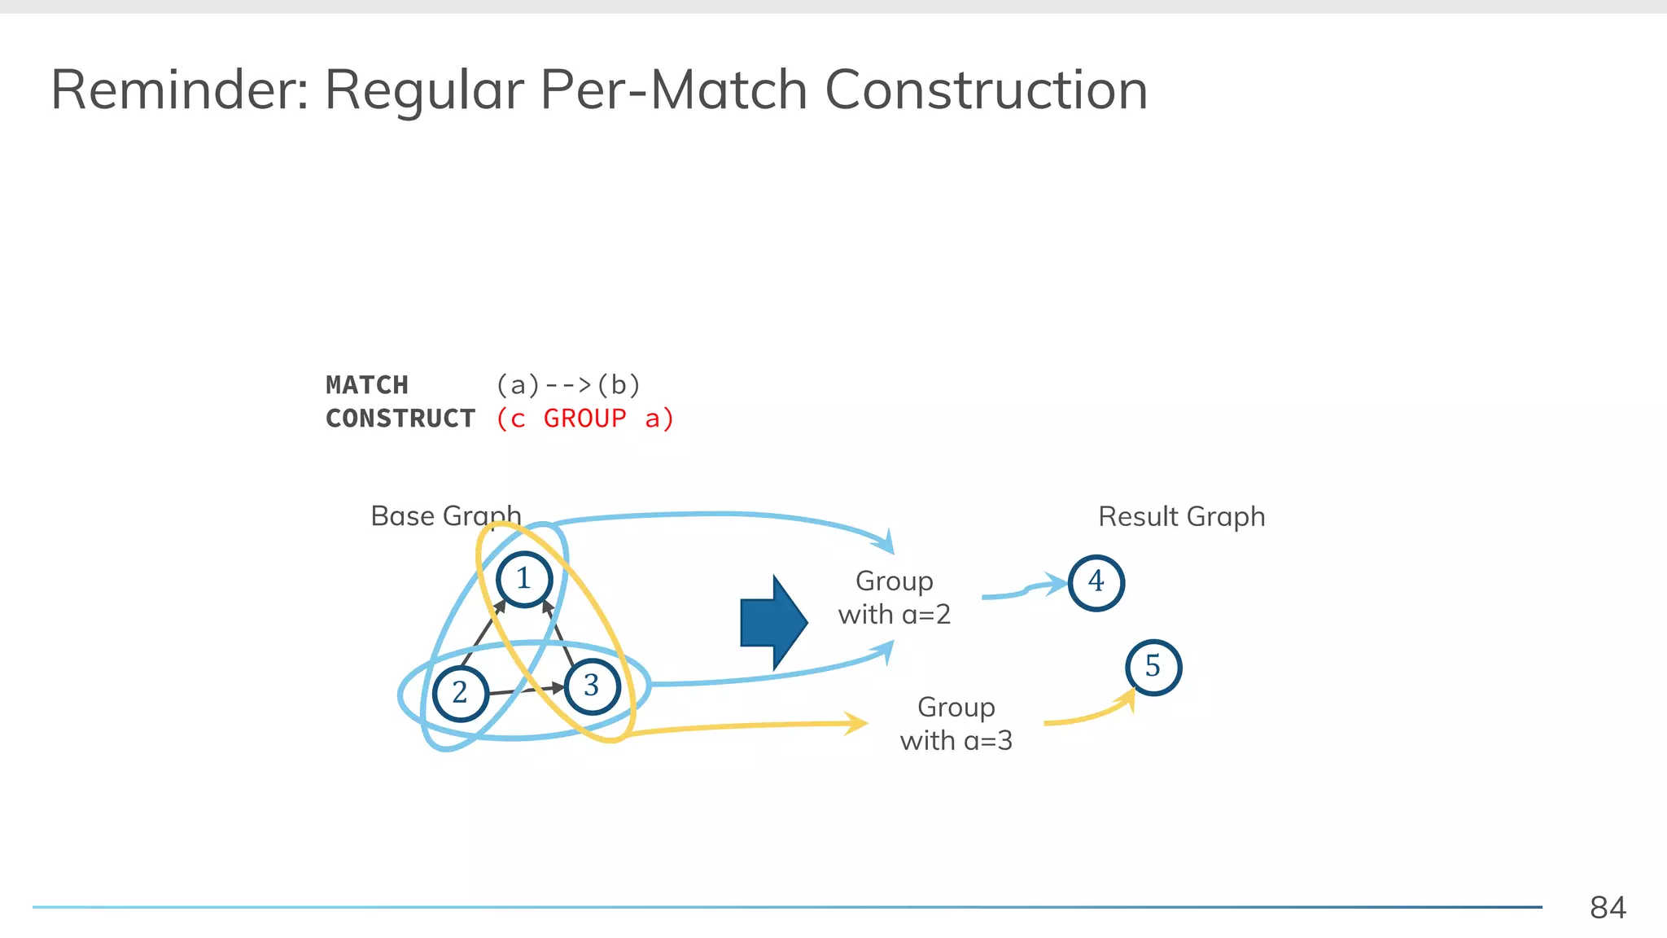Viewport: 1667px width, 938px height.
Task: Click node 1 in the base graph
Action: [x=524, y=579]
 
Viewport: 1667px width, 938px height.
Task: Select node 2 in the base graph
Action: [x=460, y=693]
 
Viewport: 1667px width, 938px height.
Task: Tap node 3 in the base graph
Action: [x=592, y=686]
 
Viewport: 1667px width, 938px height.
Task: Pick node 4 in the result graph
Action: [x=1096, y=582]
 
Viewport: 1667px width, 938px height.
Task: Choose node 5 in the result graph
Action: [x=1153, y=667]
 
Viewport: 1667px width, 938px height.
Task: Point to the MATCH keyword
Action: [x=367, y=385]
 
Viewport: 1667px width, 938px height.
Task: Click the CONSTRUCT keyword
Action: [x=400, y=419]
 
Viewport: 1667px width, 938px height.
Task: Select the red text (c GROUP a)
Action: [x=585, y=419]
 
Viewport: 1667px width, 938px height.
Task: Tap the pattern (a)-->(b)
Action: [x=568, y=385]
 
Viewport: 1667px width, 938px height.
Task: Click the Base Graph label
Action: [x=445, y=516]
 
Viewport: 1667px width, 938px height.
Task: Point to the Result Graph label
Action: [x=1181, y=517]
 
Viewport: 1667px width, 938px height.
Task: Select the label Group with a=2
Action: [x=895, y=598]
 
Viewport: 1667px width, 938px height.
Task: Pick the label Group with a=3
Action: [x=956, y=724]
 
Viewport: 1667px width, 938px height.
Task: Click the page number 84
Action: [x=1608, y=907]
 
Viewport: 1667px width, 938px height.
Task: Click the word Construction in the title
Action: [x=986, y=90]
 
